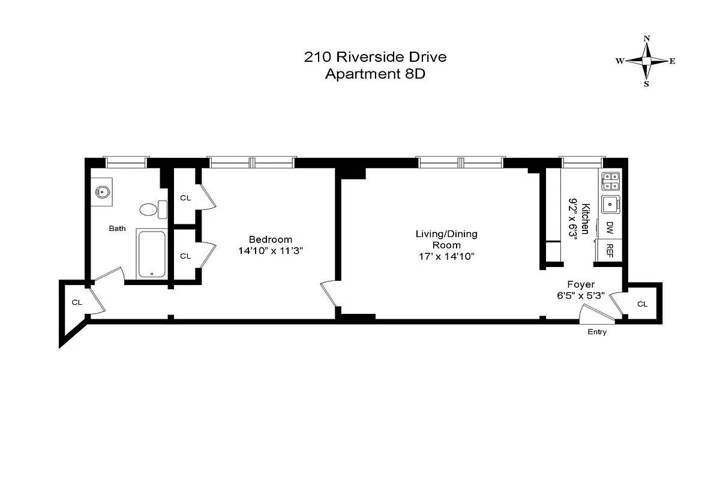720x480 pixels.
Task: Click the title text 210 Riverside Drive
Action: coord(375,58)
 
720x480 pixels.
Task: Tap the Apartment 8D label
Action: coord(375,74)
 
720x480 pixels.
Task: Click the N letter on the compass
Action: coord(647,39)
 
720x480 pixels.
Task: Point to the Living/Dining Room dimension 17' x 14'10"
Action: coord(446,256)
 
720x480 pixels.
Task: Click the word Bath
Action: coord(117,228)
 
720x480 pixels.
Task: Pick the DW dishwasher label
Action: coord(610,227)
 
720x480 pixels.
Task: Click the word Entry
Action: coord(596,332)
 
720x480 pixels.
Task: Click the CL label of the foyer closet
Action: coord(642,304)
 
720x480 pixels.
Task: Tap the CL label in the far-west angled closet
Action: coord(77,302)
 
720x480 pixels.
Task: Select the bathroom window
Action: coord(125,161)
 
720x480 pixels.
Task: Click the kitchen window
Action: coord(581,161)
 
